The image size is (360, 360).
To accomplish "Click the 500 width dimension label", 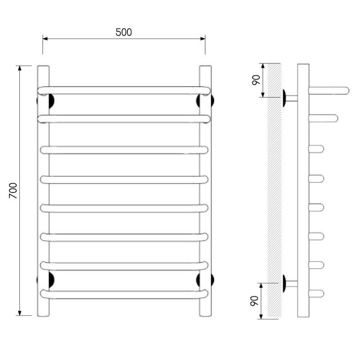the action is [x=123, y=32].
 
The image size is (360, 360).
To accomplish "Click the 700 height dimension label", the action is [x=13, y=190].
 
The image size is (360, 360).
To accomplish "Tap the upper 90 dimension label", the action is [x=256, y=80].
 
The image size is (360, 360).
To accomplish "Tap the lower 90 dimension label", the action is [x=254, y=301].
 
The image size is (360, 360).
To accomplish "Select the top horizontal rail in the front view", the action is [x=124, y=90].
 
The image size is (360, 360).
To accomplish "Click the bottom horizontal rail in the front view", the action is [x=124, y=295].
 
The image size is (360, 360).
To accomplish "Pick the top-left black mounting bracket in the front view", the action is [x=51, y=101].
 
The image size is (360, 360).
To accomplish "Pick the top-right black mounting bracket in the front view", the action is [x=199, y=101].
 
